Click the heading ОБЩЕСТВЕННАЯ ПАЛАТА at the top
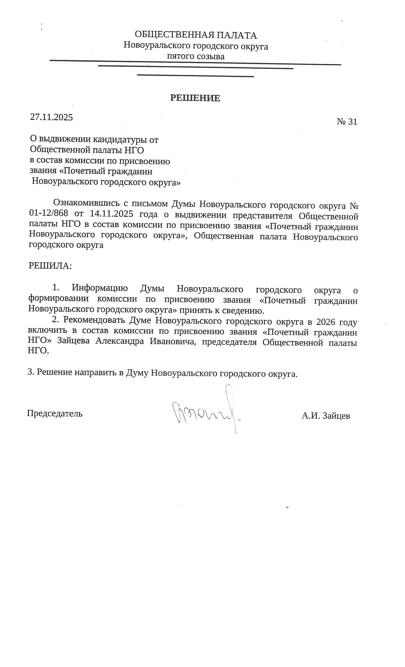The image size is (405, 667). (196, 35)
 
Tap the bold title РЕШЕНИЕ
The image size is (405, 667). (195, 98)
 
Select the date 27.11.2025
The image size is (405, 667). (51, 117)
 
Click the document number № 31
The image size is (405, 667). (347, 122)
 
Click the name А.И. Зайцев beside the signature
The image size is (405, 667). (326, 416)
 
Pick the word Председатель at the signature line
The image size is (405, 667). (55, 414)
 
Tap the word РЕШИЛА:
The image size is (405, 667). (50, 266)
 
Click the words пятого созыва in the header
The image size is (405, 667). (196, 57)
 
